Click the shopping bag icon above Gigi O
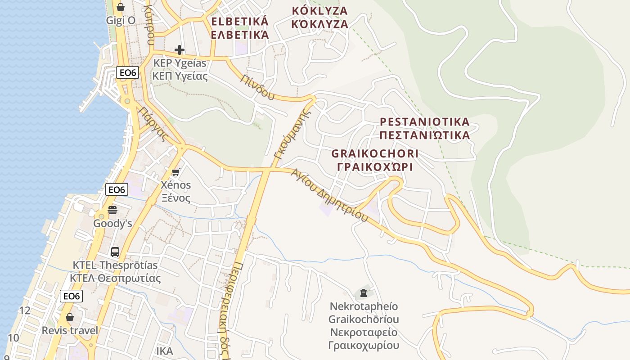[120, 7]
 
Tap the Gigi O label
[121, 20]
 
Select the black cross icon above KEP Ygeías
[180, 49]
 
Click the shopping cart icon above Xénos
[176, 172]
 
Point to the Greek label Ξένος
[176, 198]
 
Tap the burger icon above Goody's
[112, 210]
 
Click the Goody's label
[112, 223]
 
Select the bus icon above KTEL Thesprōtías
[115, 252]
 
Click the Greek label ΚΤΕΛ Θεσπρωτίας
[115, 278]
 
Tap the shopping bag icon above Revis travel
[70, 317]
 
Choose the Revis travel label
[70, 331]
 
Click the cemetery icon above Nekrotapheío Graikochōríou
[364, 293]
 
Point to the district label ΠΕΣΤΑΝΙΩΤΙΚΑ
[424, 135]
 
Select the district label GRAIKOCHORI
[375, 153]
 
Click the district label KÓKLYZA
[319, 10]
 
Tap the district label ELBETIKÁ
[240, 21]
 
